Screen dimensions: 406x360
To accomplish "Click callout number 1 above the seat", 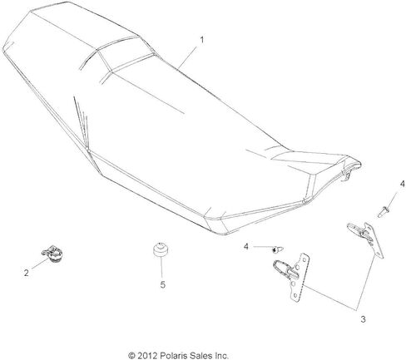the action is tap(202, 40).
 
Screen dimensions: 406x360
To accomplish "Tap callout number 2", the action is tap(27, 273).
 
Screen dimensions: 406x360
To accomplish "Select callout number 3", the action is tap(363, 319).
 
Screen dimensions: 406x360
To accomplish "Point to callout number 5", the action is tap(163, 284).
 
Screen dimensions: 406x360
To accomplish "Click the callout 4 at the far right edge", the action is tap(402, 184).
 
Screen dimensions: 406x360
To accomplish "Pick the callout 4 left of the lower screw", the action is tap(246, 246).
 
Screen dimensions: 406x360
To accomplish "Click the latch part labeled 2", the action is tap(52, 253).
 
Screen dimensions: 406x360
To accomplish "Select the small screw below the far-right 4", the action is tap(384, 212).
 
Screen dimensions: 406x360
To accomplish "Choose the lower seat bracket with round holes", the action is tap(292, 276).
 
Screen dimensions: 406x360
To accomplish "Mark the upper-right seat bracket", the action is tap(366, 239).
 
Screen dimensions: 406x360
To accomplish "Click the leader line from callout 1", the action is tap(188, 57).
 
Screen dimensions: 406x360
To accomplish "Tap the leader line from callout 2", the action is tap(41, 263).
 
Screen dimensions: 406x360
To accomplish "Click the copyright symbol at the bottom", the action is tap(131, 355).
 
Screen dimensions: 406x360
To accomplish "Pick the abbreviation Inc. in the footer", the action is tap(220, 355).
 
